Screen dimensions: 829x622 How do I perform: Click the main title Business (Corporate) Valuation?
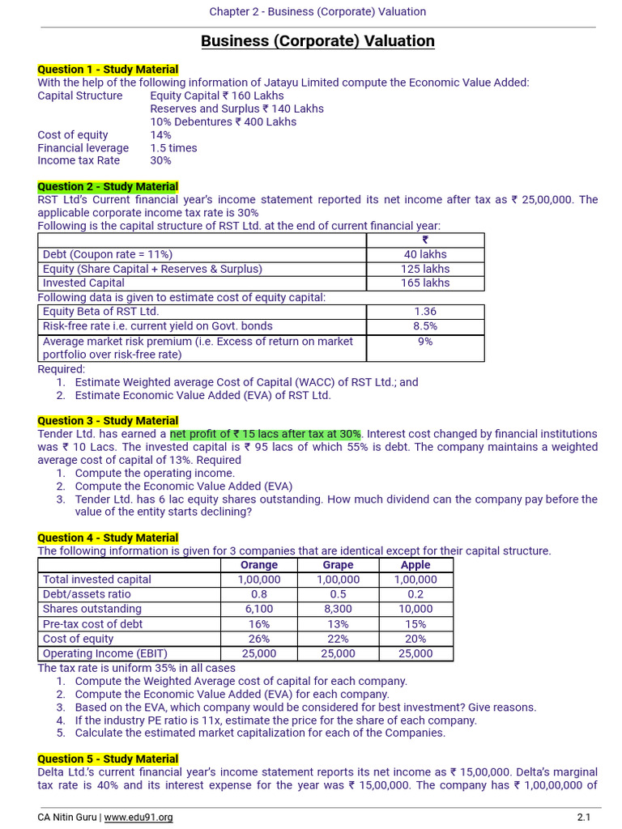coord(317,41)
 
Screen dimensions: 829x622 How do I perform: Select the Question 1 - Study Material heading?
coord(108,70)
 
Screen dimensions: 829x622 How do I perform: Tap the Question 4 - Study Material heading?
coord(108,538)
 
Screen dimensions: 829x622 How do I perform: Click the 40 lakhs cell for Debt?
coord(425,254)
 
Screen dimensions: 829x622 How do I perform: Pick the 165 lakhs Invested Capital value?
coord(425,283)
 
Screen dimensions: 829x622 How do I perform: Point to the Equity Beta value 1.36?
coord(425,311)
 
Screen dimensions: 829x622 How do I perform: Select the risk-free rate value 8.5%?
coord(425,325)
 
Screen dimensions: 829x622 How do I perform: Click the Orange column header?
coord(259,565)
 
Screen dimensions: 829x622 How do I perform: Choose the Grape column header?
coord(338,565)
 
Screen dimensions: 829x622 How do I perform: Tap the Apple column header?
coord(415,565)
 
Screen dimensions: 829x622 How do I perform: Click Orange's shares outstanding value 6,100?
coord(259,609)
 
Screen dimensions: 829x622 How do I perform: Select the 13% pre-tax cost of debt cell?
coord(338,623)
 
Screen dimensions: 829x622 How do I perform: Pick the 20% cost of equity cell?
coord(415,639)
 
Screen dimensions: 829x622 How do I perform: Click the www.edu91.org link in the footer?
coord(138,818)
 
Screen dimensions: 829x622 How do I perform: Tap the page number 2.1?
coord(584,818)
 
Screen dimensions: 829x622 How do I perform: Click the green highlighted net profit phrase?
coord(266,434)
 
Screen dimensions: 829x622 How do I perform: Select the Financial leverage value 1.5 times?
coord(173,148)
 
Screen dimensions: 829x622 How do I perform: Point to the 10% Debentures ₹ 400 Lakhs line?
coord(223,121)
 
